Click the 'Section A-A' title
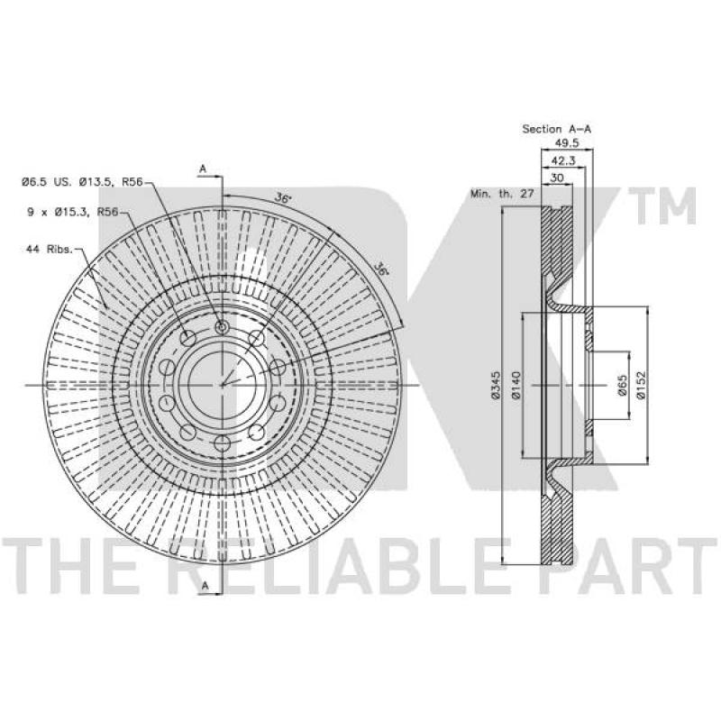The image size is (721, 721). [x=556, y=129]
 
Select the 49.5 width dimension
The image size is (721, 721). [x=567, y=143]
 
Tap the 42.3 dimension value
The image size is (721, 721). [x=562, y=160]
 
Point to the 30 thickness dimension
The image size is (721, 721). [x=557, y=178]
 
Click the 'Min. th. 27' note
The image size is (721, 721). [x=502, y=194]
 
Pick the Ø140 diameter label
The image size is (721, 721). [x=516, y=385]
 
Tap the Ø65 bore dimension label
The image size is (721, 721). [x=622, y=385]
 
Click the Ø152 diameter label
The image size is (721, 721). [x=641, y=385]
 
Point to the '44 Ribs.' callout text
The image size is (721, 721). [x=50, y=250]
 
